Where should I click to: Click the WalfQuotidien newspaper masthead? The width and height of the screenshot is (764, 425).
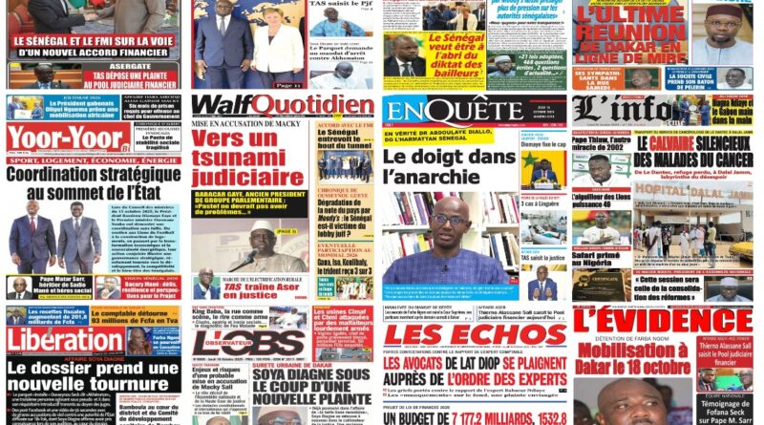(282, 104)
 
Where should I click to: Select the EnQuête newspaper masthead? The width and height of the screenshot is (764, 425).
(447, 113)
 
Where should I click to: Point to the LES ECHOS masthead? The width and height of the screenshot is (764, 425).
(475, 335)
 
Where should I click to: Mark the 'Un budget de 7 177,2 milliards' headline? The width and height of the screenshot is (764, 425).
(473, 418)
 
